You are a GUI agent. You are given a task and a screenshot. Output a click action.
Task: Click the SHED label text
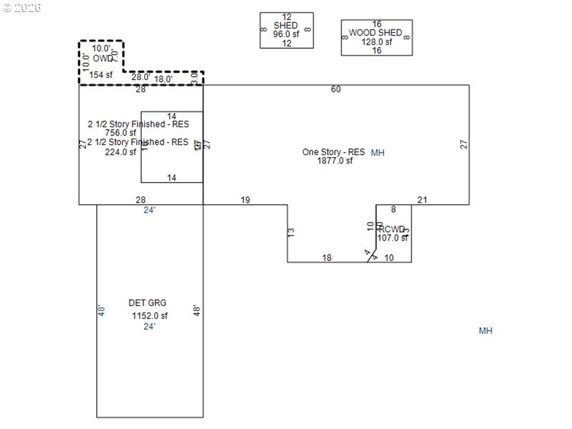click(x=285, y=25)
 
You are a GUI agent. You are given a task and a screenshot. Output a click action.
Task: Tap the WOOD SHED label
click(x=376, y=33)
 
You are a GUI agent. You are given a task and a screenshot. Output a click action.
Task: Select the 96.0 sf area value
click(x=286, y=34)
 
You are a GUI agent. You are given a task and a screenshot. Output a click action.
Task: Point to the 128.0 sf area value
click(x=376, y=42)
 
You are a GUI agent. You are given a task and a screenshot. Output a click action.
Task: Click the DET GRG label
click(x=148, y=303)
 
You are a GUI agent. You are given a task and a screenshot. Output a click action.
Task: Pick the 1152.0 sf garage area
click(x=150, y=315)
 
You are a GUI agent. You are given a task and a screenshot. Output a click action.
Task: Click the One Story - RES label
click(x=333, y=152)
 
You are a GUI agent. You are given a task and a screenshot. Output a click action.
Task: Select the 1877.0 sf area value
click(x=335, y=161)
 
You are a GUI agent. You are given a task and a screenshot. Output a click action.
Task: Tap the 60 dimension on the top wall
click(x=336, y=89)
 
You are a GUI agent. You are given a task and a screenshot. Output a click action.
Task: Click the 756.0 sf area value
click(x=121, y=133)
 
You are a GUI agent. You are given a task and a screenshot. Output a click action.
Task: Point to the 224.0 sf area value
click(x=121, y=152)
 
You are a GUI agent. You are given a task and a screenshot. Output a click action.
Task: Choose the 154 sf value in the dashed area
click(x=101, y=74)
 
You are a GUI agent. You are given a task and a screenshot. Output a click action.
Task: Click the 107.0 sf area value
click(x=392, y=238)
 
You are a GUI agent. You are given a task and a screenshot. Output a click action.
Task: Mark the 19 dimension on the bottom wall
click(x=245, y=200)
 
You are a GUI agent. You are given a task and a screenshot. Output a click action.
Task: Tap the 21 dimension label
click(x=422, y=200)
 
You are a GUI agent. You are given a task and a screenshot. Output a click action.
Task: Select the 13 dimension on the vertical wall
click(x=291, y=232)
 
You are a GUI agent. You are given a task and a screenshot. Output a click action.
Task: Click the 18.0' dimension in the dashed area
click(x=164, y=79)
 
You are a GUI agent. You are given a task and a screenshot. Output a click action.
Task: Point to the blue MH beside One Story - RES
click(x=378, y=152)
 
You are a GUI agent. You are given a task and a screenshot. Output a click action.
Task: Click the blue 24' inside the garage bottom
click(x=149, y=327)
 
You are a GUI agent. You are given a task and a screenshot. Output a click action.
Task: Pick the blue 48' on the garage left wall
click(x=102, y=311)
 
